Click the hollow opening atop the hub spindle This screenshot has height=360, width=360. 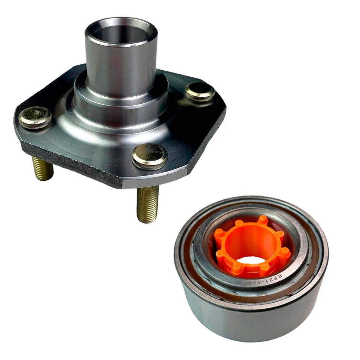[121, 34]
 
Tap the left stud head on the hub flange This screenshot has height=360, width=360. [35, 117]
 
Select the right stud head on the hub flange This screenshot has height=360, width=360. [200, 91]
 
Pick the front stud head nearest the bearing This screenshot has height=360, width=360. [149, 156]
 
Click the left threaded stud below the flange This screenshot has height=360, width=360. [43, 168]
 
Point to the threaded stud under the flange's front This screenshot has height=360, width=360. [148, 204]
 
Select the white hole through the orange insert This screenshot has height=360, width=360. [252, 260]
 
